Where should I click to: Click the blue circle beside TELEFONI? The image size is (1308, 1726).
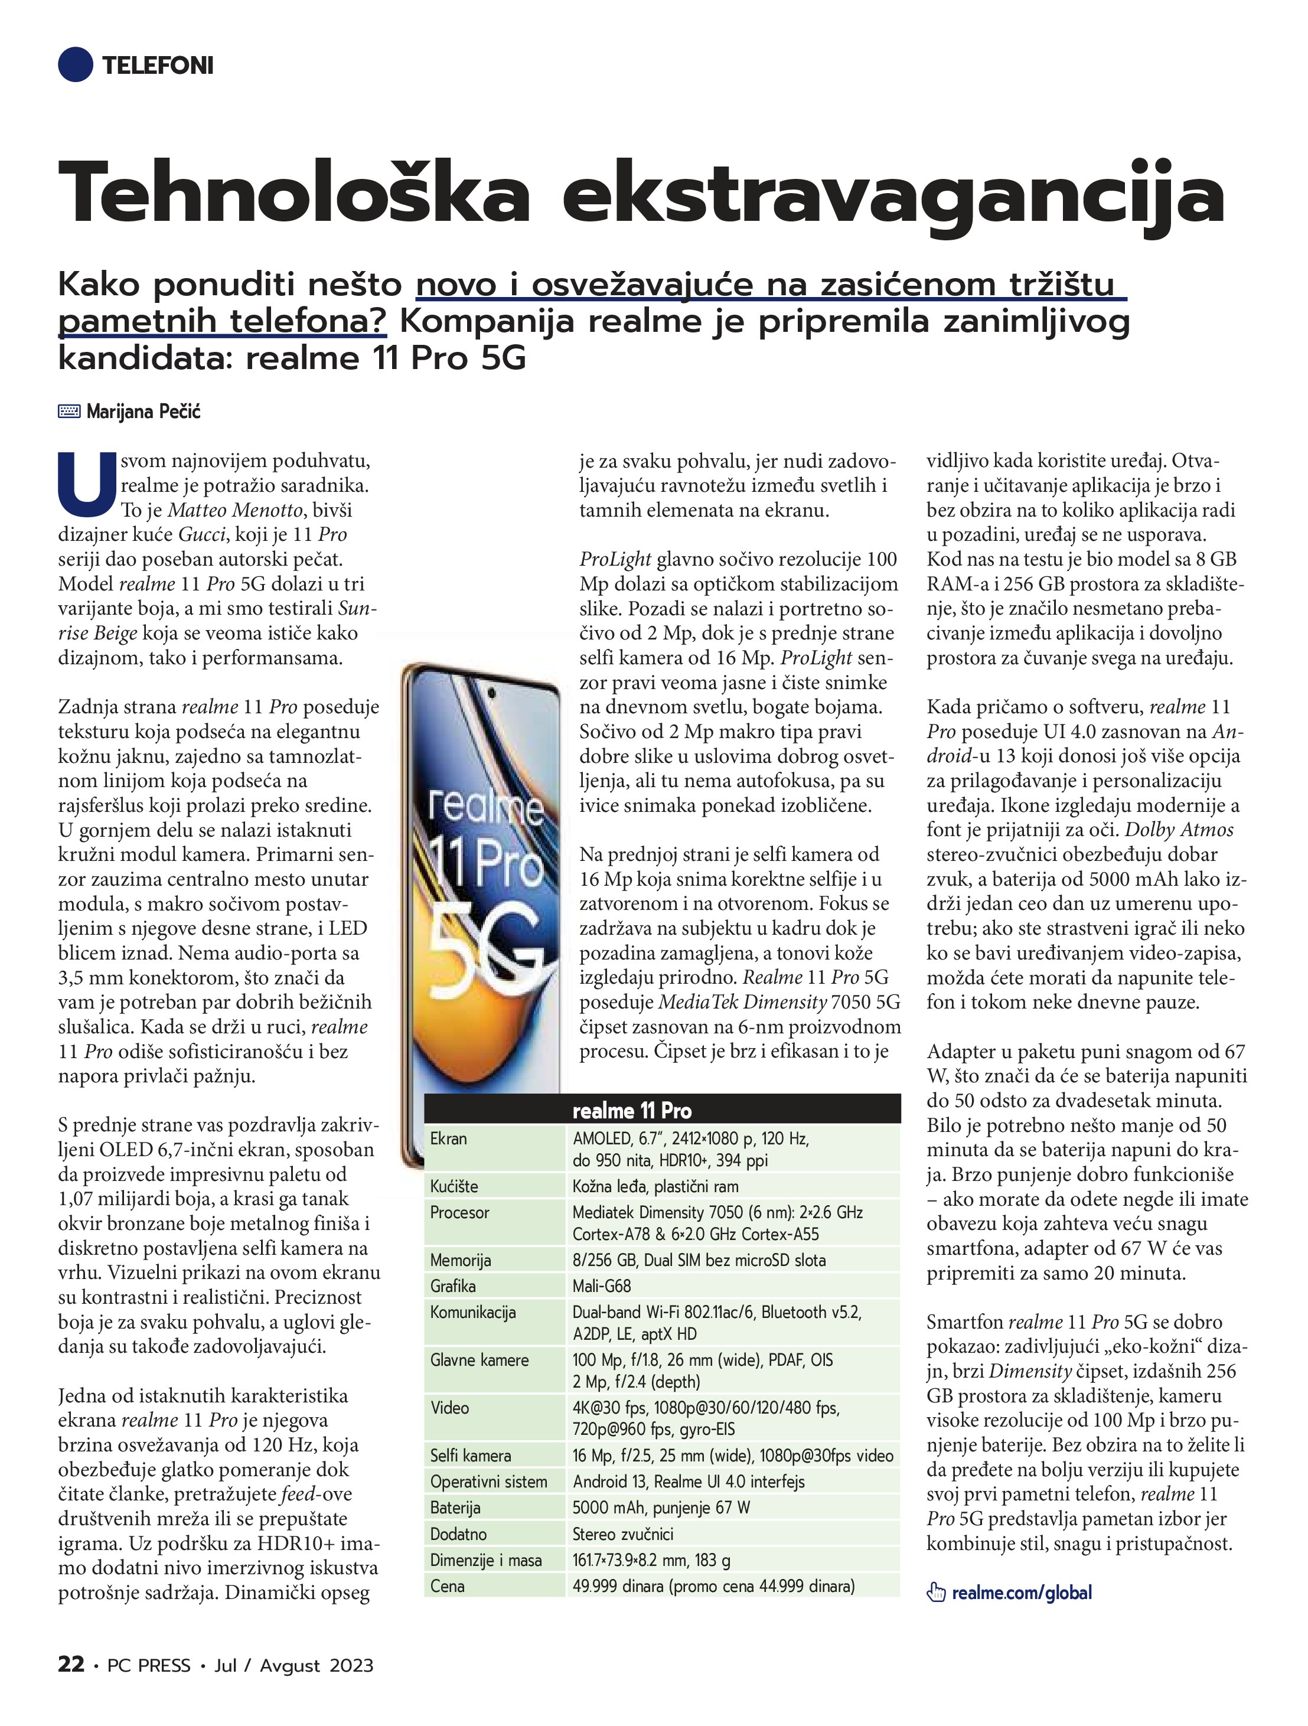tap(76, 64)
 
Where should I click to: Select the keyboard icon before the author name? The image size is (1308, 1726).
tap(70, 411)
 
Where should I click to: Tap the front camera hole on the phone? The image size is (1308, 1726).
tap(491, 693)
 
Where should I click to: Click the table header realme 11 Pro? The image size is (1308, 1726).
tap(631, 1110)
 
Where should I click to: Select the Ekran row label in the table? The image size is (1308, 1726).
tap(449, 1138)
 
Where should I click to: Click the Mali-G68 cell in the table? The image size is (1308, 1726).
tap(602, 1286)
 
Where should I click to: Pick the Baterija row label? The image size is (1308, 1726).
tap(455, 1508)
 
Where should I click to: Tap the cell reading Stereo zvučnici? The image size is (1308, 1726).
tap(623, 1534)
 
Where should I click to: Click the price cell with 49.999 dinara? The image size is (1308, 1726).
tap(713, 1586)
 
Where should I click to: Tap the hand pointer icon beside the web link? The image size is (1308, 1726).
tap(936, 1593)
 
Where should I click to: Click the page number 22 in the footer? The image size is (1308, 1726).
tap(71, 1665)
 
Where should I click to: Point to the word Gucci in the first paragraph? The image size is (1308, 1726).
tap(201, 534)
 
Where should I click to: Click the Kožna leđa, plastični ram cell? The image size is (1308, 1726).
tap(655, 1187)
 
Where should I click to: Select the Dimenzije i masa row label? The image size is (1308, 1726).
tap(485, 1560)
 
